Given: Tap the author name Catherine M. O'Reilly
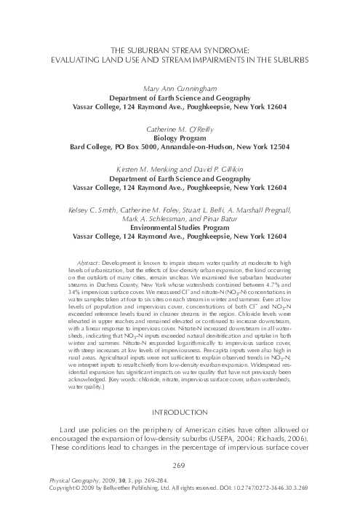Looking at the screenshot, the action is (x=180, y=127).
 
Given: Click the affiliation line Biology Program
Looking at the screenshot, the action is (x=180, y=137).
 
